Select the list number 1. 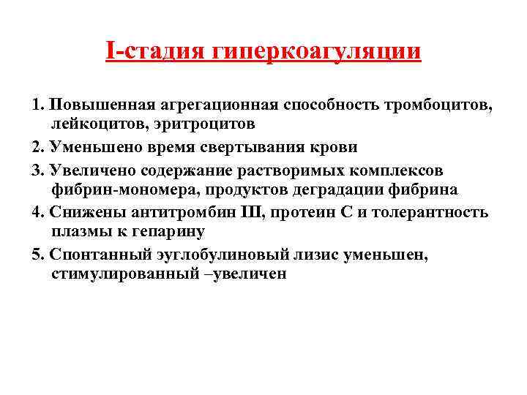pos(37,105)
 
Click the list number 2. pos(37,147)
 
